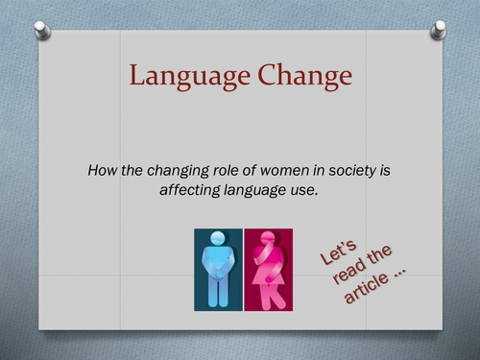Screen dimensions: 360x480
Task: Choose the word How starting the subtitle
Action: tap(102, 170)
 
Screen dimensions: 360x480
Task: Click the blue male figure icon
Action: tap(218, 270)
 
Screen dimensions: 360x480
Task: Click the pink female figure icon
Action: tap(269, 270)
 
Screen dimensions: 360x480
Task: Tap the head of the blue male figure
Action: tap(218, 241)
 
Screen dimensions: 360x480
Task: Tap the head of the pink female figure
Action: tap(268, 240)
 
